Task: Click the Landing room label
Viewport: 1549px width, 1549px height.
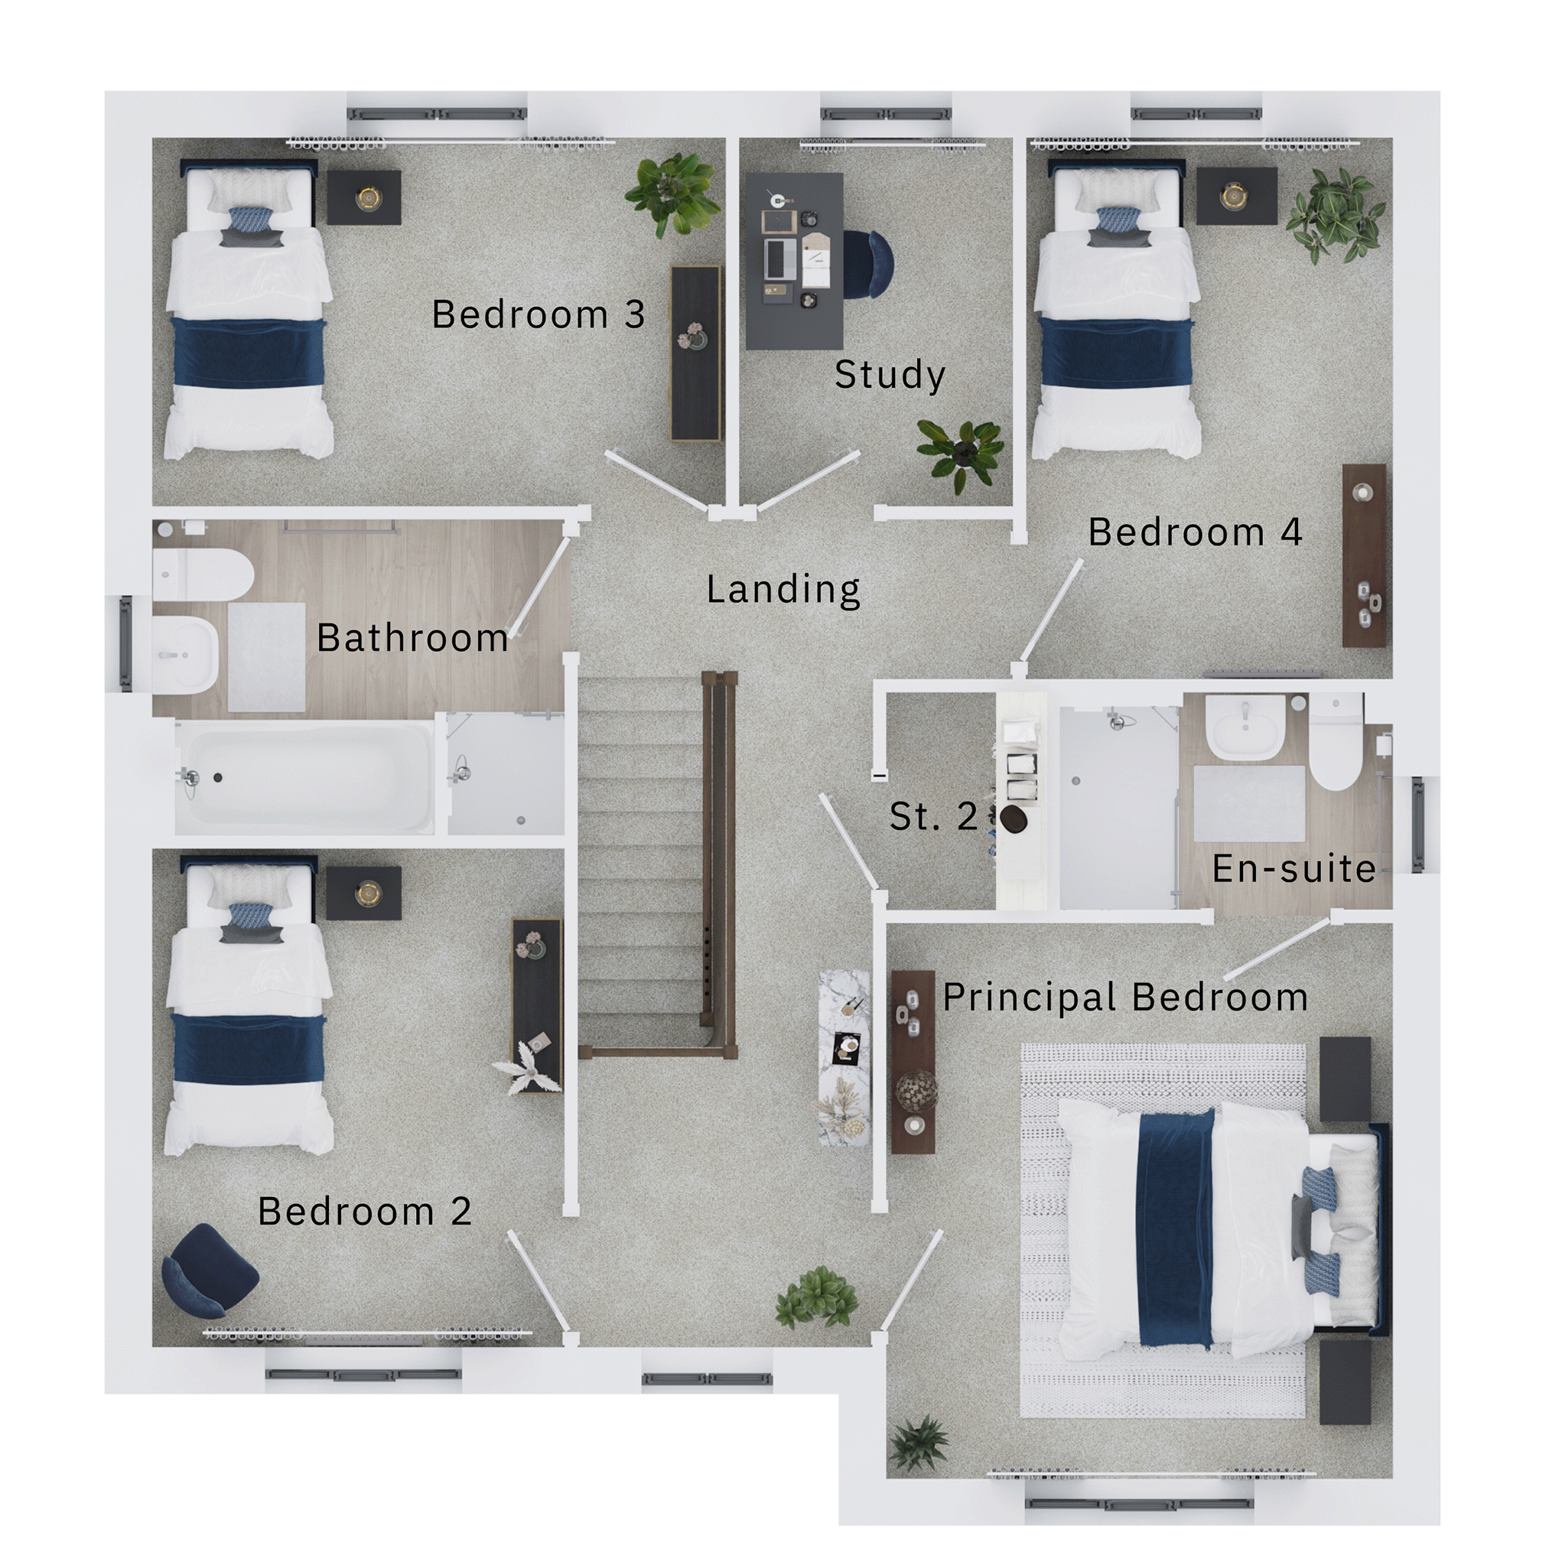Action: [x=783, y=590]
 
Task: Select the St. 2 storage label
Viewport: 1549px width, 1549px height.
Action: [x=933, y=816]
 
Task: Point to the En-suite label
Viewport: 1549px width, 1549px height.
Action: [x=1294, y=868]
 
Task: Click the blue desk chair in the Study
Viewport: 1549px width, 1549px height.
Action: [x=868, y=264]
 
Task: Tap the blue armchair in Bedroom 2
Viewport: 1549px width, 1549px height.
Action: [x=209, y=1271]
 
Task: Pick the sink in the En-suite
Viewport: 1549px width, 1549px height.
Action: [x=1245, y=727]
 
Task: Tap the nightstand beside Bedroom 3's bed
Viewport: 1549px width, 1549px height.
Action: [x=364, y=197]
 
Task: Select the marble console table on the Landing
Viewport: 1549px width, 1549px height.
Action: [x=844, y=1057]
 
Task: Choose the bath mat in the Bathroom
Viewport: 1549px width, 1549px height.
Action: [x=267, y=657]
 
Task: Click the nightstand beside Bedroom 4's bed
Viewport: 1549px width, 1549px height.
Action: [x=1236, y=196]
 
